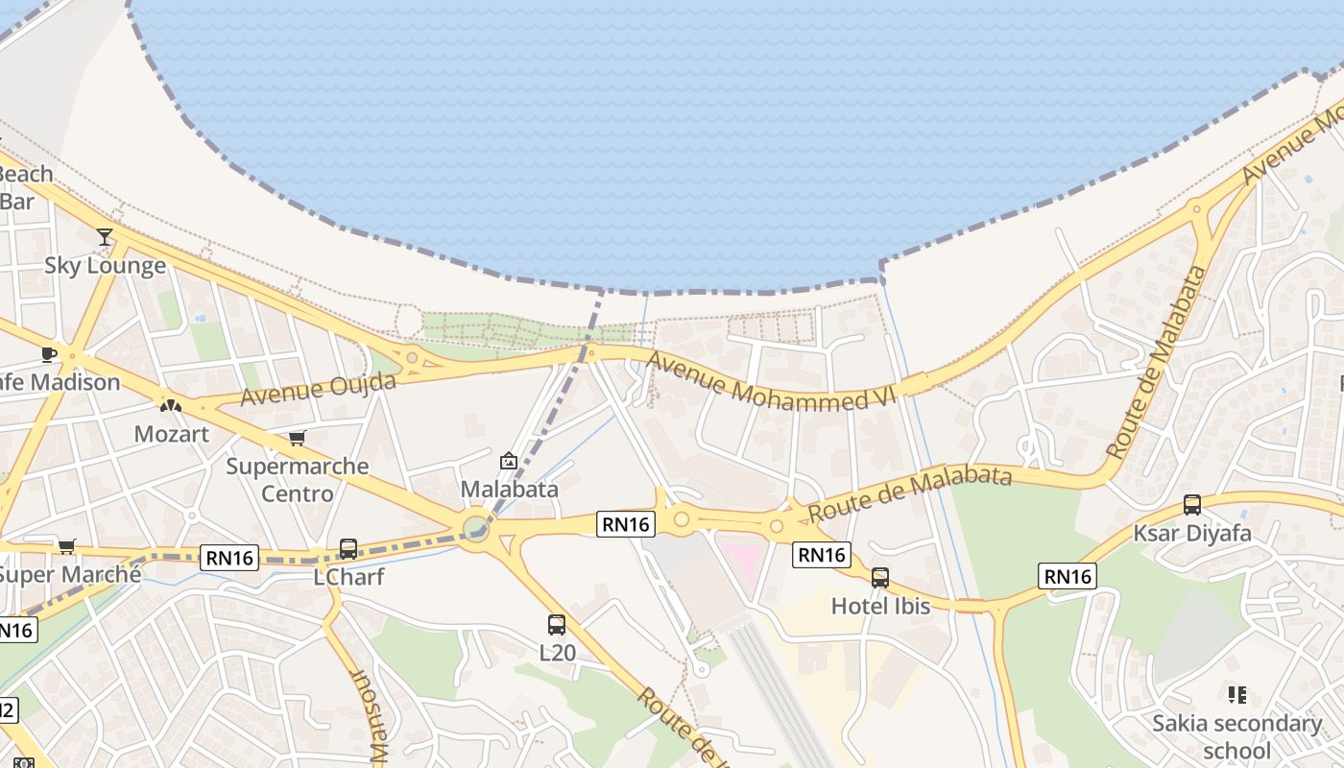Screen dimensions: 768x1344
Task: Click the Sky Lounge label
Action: coord(105,265)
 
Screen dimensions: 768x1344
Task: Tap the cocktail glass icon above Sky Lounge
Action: coord(105,236)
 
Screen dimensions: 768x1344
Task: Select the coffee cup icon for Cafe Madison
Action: coord(49,354)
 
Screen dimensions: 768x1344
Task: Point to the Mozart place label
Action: coord(171,434)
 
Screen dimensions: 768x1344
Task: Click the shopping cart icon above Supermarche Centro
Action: coord(297,438)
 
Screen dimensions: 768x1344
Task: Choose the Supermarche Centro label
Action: coord(297,480)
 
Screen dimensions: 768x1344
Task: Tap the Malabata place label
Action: coord(509,489)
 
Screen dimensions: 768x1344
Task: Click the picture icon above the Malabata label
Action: coord(509,461)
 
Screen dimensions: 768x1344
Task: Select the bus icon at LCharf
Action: coord(348,549)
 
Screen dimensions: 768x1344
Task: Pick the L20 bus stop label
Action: coord(557,653)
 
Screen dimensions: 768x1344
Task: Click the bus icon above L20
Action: coord(557,625)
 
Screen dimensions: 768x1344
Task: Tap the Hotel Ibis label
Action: coord(880,606)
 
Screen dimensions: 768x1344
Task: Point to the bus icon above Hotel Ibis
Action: coord(880,578)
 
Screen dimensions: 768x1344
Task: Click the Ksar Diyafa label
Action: coord(1192,533)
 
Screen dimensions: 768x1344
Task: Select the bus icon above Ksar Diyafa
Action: coord(1192,504)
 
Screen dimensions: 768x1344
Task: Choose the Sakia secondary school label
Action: coord(1236,736)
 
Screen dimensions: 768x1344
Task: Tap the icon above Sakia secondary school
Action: coord(1236,694)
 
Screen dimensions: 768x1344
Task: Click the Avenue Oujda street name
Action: coord(318,389)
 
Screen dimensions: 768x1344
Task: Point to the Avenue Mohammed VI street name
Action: coord(771,382)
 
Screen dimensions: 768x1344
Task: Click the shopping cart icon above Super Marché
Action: coord(66,546)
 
